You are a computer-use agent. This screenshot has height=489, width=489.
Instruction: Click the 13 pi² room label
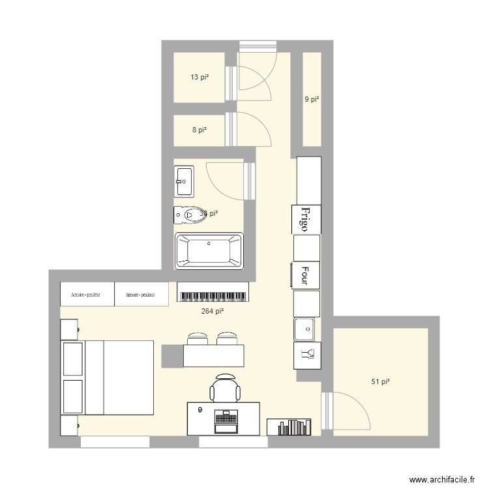[199, 77]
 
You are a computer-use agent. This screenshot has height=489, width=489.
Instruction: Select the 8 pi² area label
[199, 130]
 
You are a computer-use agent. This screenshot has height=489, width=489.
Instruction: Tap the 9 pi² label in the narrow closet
[312, 100]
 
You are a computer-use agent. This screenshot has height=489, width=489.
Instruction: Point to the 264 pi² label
[213, 312]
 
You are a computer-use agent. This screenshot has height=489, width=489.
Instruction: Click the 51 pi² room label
[380, 381]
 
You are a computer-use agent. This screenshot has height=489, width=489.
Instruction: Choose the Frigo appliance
[306, 218]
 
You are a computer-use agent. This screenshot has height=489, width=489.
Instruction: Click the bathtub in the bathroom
[209, 251]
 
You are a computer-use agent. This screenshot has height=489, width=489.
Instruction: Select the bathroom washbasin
[184, 181]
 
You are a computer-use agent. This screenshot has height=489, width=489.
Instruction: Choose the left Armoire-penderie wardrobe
[87, 294]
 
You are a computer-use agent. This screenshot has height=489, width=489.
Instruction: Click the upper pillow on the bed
[73, 359]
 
